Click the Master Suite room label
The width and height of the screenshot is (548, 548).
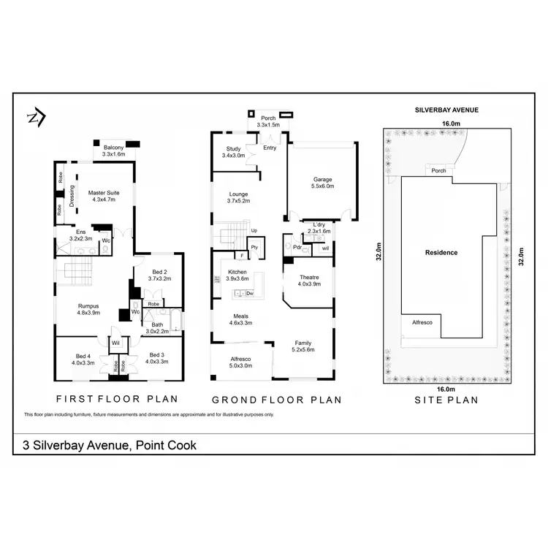tap(103, 192)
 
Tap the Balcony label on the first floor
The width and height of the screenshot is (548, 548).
tap(113, 148)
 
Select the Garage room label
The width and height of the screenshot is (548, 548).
tap(323, 179)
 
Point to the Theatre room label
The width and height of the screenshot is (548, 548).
tap(309, 277)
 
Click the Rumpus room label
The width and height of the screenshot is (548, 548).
tap(89, 306)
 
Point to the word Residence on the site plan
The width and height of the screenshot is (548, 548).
tap(441, 253)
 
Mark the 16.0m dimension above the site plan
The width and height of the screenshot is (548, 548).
tap(451, 124)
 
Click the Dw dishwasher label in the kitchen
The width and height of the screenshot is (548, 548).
tap(250, 294)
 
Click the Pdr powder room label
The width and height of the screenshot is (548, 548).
tap(297, 248)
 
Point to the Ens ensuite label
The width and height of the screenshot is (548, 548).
tap(80, 232)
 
